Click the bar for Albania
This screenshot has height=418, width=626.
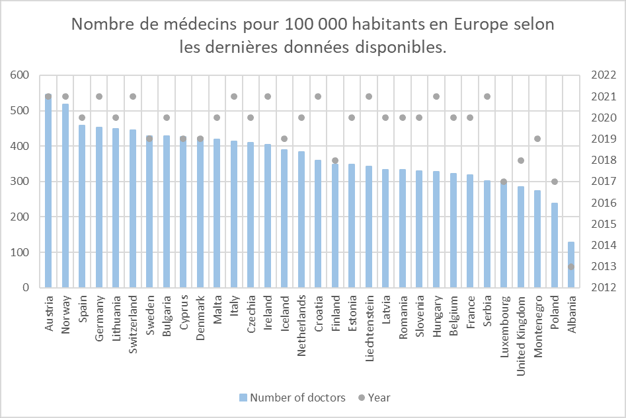571,265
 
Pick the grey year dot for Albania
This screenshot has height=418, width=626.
571,267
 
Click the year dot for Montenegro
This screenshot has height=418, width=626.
537,139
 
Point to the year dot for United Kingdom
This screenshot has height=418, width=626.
521,160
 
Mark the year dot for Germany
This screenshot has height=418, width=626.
98,96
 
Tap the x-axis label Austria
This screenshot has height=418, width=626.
48,314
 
